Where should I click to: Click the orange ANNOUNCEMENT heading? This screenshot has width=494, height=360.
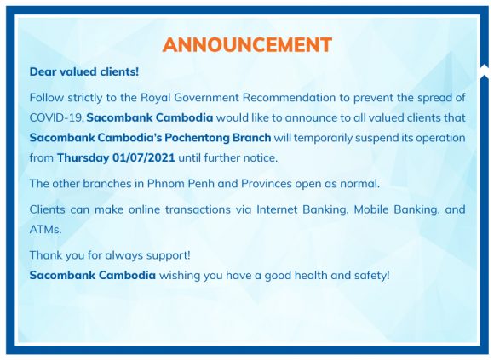(x=247, y=44)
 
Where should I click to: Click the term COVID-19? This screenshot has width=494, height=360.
(x=56, y=118)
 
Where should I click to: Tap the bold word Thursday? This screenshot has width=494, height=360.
(x=83, y=158)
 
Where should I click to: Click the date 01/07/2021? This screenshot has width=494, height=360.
(x=144, y=157)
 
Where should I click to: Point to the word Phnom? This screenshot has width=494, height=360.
(x=166, y=184)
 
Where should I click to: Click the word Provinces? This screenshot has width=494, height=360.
(x=267, y=184)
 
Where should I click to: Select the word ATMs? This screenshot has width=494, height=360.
(x=45, y=230)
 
